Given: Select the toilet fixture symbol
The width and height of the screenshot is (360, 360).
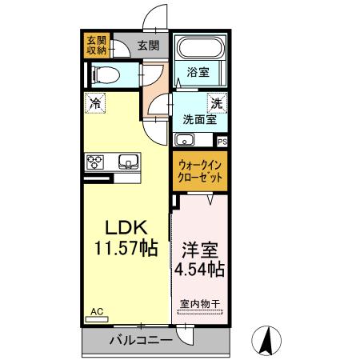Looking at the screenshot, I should point(104,75).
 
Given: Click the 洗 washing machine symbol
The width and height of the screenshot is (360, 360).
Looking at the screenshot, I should point(216,102).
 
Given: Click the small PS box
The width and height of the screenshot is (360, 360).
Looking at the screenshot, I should point(222,140).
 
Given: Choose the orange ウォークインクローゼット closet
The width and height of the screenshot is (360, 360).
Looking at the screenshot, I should point(198,170).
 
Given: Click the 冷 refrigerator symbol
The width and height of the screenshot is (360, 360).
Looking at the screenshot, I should point(95,102).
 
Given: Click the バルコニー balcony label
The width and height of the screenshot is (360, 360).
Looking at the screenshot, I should point(141,340).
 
